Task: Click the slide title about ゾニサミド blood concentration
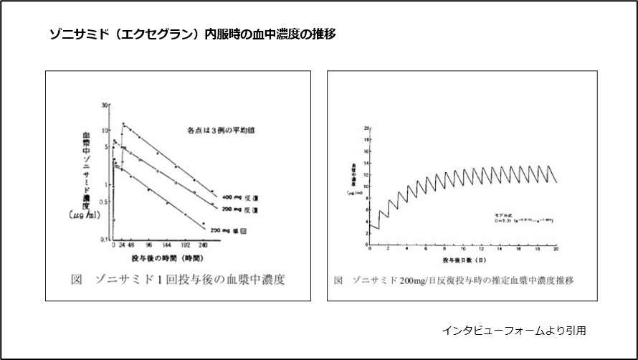click(x=193, y=34)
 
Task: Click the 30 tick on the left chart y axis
click(x=105, y=105)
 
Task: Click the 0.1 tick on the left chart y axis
click(x=103, y=239)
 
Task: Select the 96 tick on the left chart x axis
click(x=148, y=245)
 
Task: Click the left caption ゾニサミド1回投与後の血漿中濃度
click(x=178, y=280)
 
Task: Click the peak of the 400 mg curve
click(x=123, y=123)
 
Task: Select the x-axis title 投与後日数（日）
click(x=463, y=258)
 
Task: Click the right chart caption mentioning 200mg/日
click(x=454, y=280)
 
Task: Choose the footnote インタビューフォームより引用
click(x=513, y=331)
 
